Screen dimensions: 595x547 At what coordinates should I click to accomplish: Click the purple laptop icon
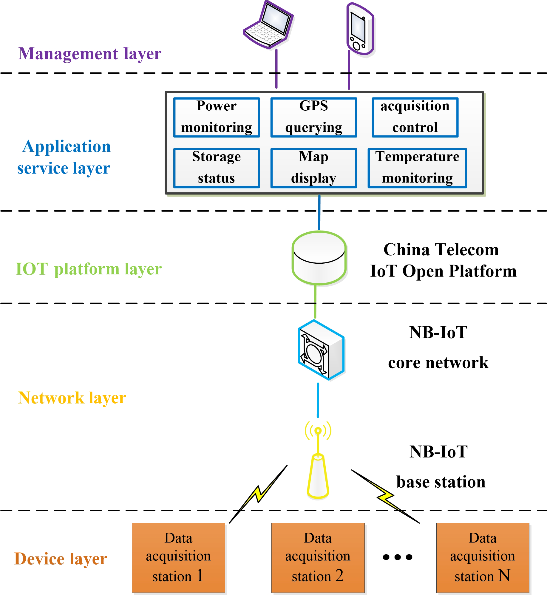coord(268,25)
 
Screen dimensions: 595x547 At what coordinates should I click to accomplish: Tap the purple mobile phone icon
coord(360,29)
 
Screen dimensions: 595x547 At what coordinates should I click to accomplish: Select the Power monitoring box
coord(217,118)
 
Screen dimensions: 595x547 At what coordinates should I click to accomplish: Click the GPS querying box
coord(313,118)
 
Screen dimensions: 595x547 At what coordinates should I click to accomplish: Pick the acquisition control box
coord(415,118)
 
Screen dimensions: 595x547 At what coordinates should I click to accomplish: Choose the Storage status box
coord(217,168)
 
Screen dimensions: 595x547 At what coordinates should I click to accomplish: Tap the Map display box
coord(313,168)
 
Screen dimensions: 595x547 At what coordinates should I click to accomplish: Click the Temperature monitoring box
coord(417,168)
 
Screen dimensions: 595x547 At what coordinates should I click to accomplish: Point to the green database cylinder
coord(319,258)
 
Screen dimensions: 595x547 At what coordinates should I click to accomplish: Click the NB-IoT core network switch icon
coord(321,350)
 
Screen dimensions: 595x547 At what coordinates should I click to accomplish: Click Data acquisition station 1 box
coord(178,557)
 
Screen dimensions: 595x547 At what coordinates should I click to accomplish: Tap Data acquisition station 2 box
coord(318,557)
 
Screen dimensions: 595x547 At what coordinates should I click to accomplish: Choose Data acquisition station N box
coord(483,557)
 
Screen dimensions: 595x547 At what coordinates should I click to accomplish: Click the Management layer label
coord(90,54)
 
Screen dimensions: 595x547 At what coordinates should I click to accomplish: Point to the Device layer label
coord(61,559)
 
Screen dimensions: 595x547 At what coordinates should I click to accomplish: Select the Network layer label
coord(72,398)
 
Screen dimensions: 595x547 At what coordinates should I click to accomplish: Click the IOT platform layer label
coord(89,269)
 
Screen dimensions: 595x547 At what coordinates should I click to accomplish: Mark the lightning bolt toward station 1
coord(258,494)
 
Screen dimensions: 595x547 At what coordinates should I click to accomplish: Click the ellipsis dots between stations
coord(398,557)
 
